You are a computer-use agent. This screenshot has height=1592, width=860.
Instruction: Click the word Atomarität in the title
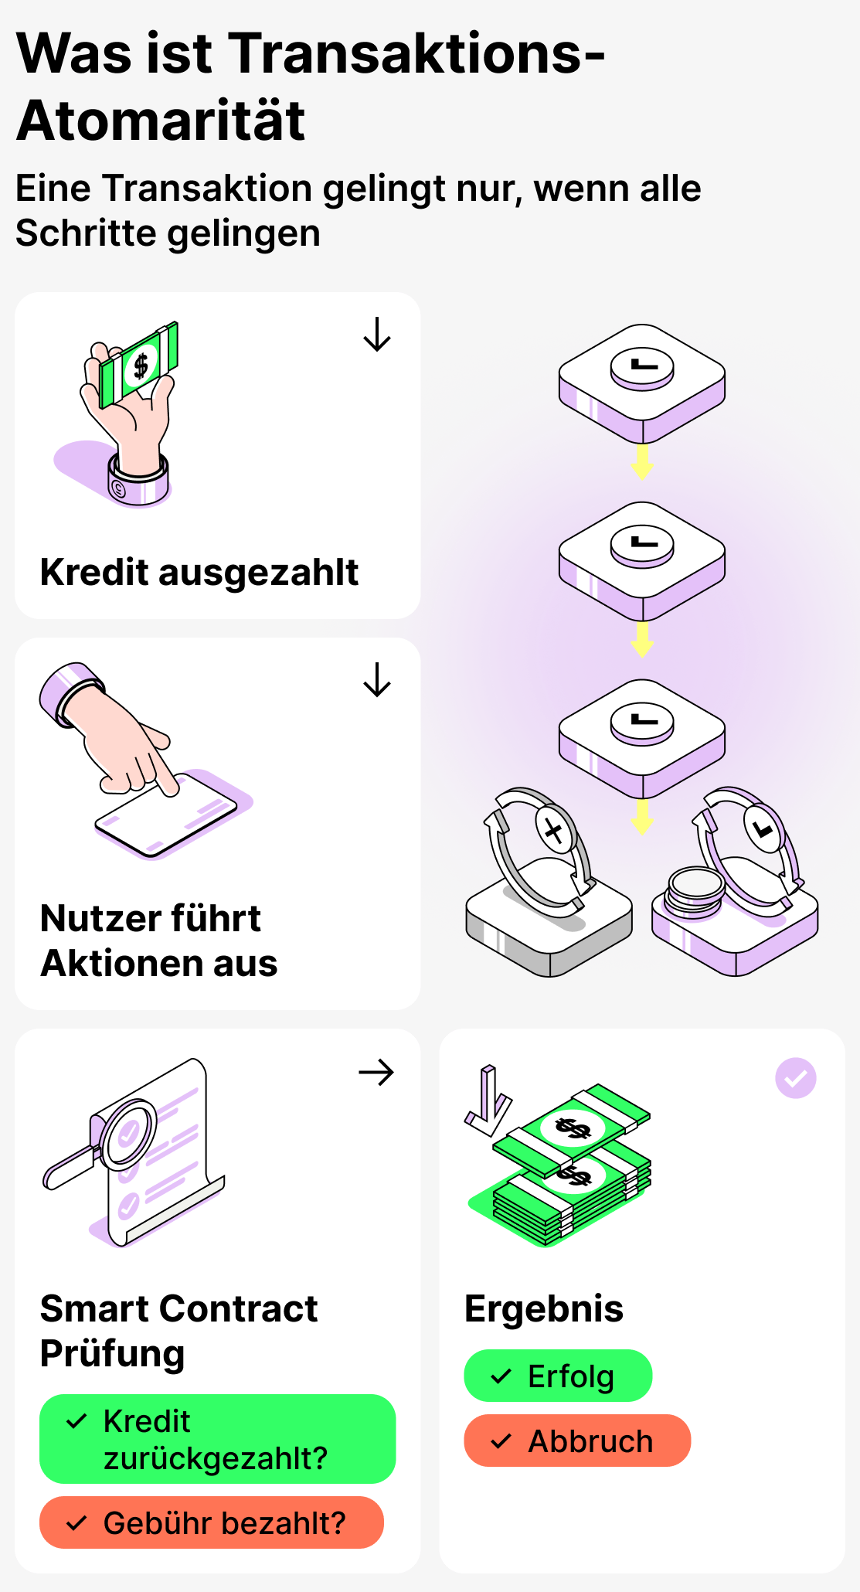click(161, 121)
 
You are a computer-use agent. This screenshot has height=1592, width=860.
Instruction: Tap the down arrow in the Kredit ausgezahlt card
click(377, 335)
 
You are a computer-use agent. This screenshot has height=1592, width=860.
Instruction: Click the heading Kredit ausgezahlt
click(199, 573)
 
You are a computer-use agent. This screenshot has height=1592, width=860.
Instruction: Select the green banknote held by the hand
click(139, 363)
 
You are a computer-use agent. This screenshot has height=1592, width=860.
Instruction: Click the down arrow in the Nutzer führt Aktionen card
click(377, 680)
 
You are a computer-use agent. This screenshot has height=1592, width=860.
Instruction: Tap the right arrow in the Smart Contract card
click(377, 1073)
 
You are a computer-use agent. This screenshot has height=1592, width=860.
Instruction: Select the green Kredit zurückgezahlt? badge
click(217, 1439)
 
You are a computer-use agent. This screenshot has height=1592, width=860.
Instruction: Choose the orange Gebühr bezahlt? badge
click(212, 1522)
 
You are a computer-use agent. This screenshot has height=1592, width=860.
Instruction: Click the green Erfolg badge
click(558, 1376)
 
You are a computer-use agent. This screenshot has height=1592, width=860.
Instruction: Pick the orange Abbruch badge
click(577, 1441)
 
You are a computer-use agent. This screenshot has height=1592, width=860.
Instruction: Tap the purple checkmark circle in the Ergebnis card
click(795, 1078)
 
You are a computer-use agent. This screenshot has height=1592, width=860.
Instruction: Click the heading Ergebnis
click(544, 1309)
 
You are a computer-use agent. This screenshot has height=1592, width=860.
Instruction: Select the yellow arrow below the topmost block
click(642, 462)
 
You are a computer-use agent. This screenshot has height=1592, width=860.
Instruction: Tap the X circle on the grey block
click(554, 832)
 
